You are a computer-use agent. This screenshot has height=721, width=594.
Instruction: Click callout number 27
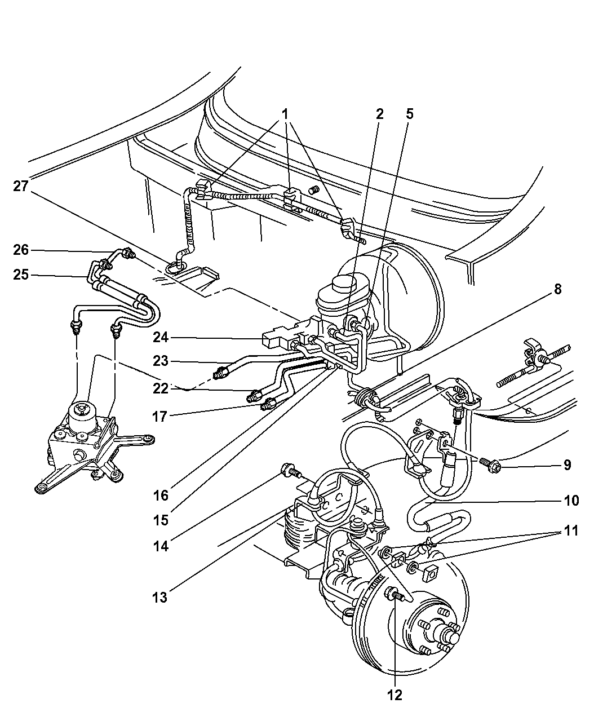[x=21, y=186]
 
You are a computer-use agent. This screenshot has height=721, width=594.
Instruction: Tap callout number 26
[x=21, y=250]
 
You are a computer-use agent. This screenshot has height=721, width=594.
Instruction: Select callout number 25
[x=21, y=275]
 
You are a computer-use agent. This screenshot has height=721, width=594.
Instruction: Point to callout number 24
[x=161, y=337]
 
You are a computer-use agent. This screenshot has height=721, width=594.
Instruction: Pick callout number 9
[x=567, y=465]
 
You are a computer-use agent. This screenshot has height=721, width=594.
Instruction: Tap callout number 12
[x=395, y=695]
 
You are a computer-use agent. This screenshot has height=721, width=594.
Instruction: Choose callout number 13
[x=160, y=598]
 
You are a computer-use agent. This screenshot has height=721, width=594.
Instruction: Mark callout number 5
[x=410, y=114]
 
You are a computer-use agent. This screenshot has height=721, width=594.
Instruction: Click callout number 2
[x=380, y=114]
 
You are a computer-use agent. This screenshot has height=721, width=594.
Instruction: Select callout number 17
[x=160, y=417]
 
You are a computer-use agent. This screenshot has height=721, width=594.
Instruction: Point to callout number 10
[x=571, y=501]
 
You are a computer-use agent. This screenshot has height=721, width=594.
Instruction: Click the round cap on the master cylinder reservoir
[x=344, y=286]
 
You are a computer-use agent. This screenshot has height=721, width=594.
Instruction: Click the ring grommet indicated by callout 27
[x=176, y=268]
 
